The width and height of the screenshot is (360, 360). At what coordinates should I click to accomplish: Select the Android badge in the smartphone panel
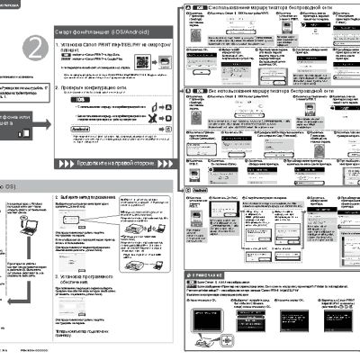point(81,129)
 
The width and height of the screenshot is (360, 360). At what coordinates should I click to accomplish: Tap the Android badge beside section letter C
point(200,191)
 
